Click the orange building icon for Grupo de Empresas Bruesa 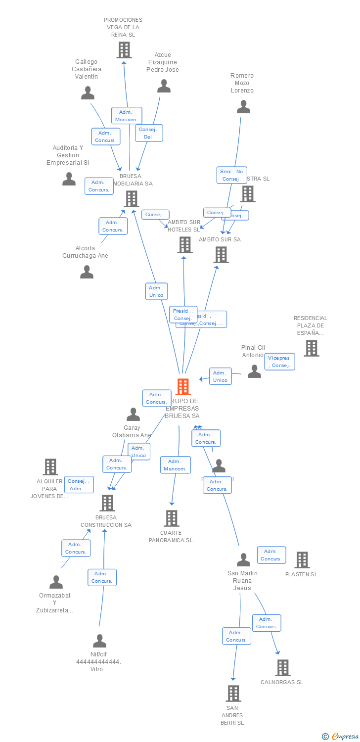point(183,387)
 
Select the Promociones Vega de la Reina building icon point(124,49)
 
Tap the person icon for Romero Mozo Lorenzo point(243,107)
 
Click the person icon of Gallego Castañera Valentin point(88,93)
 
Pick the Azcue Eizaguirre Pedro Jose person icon point(164,86)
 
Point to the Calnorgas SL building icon point(282,668)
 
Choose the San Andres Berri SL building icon point(233,694)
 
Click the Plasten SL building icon point(302,560)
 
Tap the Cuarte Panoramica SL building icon point(171,518)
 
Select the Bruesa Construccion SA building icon point(107,503)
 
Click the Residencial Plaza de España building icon point(311,348)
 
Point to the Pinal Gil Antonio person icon point(254,371)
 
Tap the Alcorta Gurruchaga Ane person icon point(87,272)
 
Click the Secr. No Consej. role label point(231,175)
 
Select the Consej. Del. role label point(149,133)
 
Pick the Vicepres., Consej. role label point(280,362)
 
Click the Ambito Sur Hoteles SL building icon point(184,245)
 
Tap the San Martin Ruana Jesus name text point(242,580)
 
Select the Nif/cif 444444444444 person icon point(99,641)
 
